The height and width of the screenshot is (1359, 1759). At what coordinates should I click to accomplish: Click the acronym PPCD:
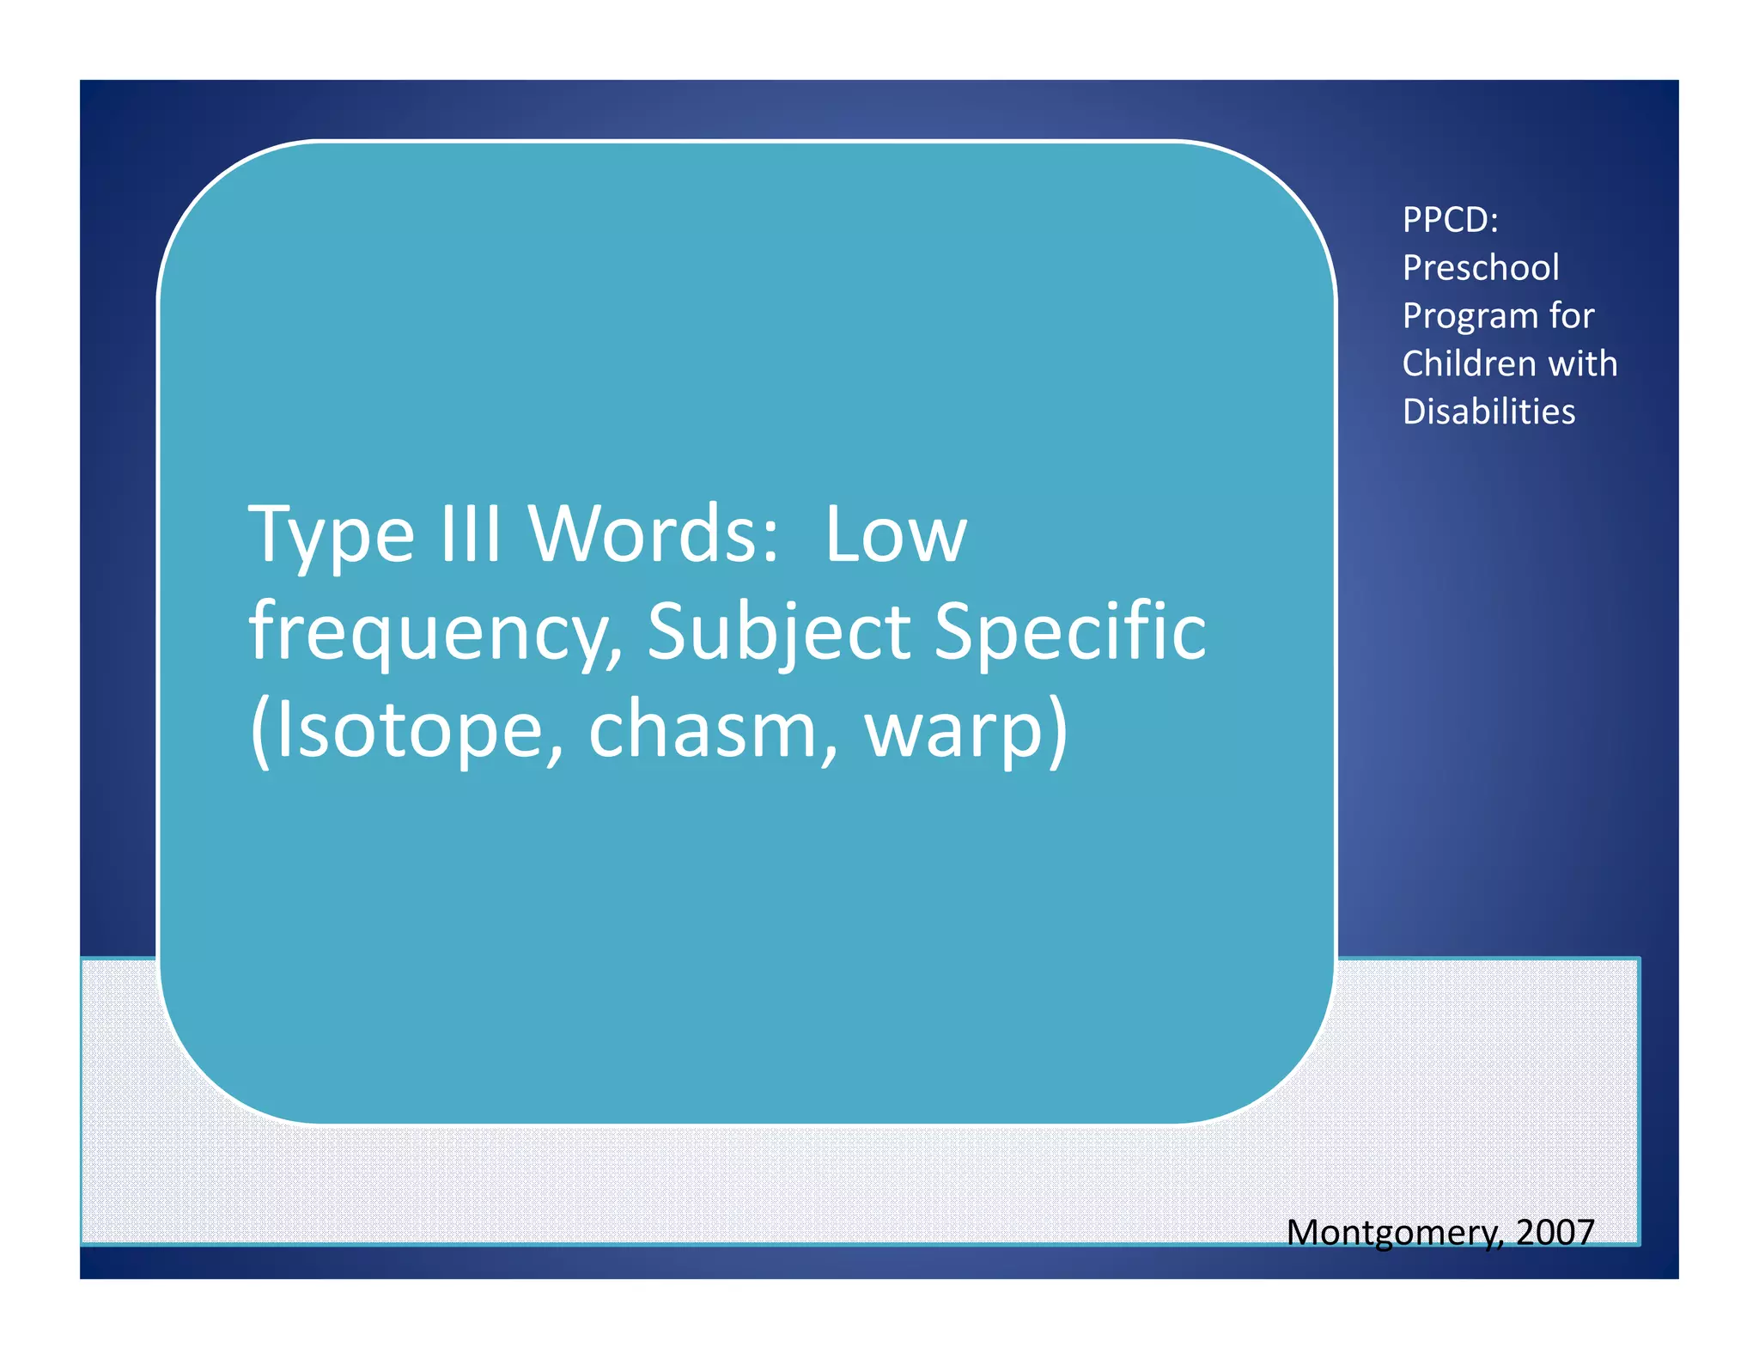1451,220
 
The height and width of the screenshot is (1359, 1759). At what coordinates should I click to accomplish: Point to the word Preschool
1481,267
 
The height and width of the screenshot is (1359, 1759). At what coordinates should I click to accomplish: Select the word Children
1469,363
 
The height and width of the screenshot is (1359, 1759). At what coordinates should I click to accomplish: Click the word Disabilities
1488,411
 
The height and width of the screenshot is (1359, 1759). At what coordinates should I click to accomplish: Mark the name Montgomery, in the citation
1396,1234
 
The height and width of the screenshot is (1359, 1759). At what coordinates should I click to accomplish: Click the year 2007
1555,1233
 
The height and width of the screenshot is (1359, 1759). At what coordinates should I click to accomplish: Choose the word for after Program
1571,315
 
